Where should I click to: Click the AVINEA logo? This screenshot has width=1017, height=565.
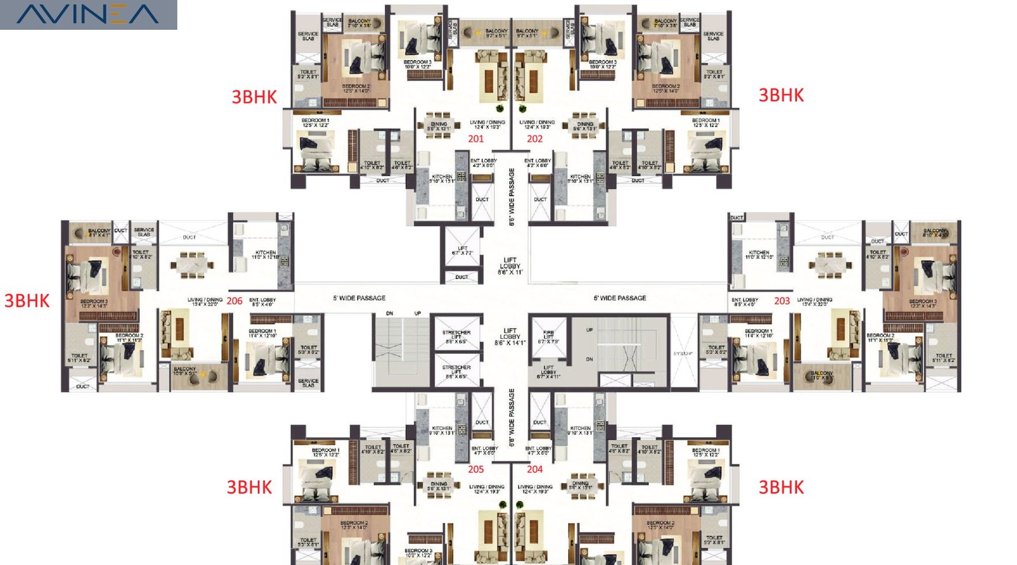coord(88,14)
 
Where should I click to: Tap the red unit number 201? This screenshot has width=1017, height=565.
coord(476,139)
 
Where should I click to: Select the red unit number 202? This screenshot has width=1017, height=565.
coord(535,139)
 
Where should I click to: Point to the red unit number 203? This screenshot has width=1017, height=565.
coord(782,301)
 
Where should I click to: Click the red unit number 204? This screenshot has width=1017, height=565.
coord(535,469)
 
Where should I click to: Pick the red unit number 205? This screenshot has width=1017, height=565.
coord(476,469)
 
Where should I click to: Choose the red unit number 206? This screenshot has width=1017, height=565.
coord(235,301)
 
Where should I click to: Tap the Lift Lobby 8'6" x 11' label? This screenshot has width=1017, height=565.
coord(510,266)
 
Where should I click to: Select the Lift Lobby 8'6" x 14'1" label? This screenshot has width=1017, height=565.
coord(510,337)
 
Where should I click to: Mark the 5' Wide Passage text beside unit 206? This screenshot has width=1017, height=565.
coord(359,297)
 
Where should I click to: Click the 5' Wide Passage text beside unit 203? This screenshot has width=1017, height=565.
coord(620,297)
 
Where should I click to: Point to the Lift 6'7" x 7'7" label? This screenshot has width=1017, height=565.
coord(462,250)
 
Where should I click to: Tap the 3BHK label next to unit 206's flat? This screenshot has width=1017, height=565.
coord(27,301)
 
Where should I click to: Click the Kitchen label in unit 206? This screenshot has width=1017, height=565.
coord(266,254)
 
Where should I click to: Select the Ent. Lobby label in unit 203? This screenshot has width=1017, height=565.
coord(745,301)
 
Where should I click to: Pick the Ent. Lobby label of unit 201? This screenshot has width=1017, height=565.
coord(484,163)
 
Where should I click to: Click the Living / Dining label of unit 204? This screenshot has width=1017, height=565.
coord(535,489)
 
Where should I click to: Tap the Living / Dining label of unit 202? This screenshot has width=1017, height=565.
coord(537,124)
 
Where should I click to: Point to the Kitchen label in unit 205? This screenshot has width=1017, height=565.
coord(442,430)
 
